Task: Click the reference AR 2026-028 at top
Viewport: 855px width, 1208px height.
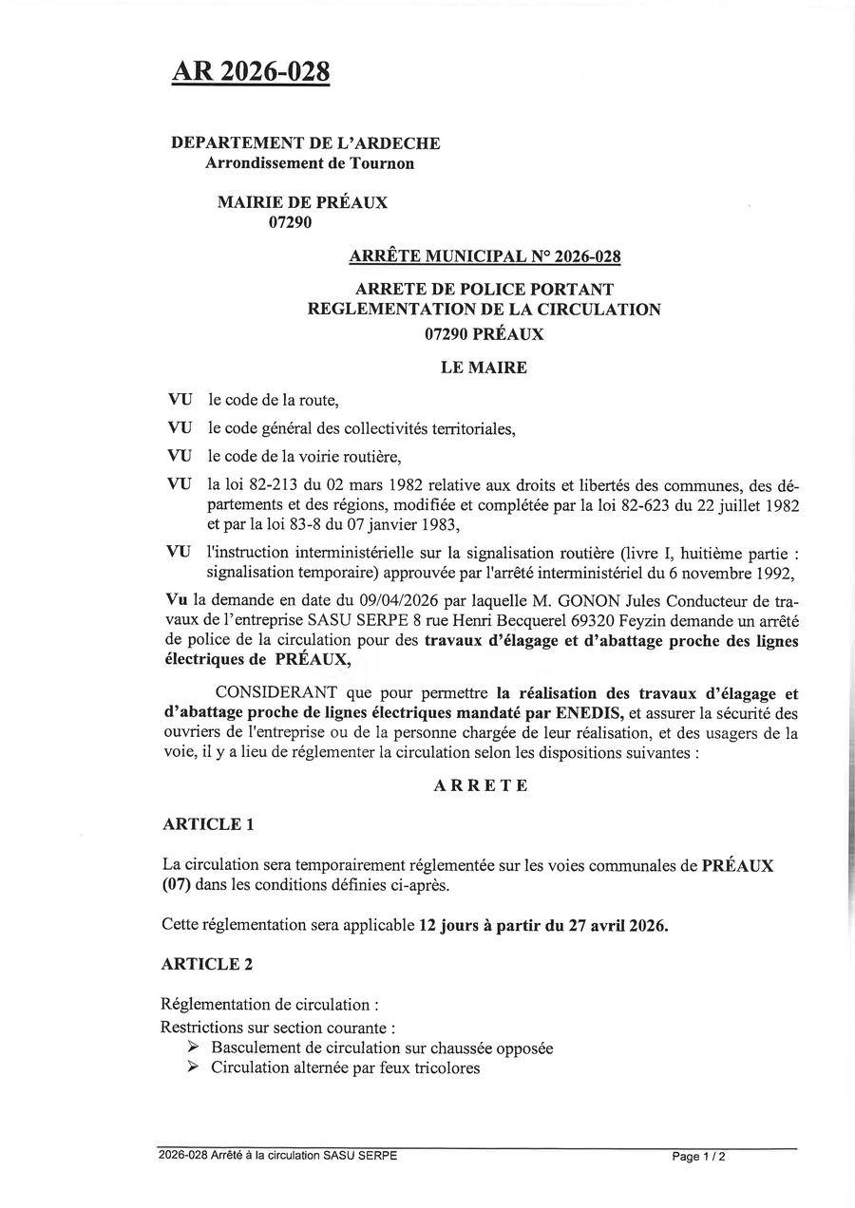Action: click(250, 71)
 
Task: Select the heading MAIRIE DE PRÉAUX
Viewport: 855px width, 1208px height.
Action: click(302, 202)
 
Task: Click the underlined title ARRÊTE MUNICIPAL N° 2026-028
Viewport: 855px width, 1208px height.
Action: click(485, 256)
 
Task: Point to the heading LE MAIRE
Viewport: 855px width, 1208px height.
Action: click(484, 368)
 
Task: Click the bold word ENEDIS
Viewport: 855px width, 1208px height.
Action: click(588, 711)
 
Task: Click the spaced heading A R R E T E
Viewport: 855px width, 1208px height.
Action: click(481, 786)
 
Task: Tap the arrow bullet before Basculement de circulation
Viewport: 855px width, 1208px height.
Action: click(193, 1048)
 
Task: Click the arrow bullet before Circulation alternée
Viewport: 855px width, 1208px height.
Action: click(193, 1068)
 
